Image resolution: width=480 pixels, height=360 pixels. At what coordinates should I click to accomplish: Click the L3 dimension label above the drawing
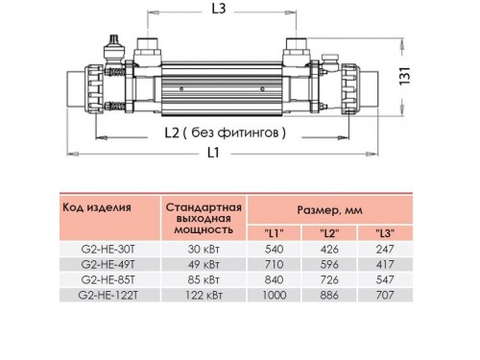coord(219,9)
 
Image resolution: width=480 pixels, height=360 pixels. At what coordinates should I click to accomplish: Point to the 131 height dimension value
coord(405,76)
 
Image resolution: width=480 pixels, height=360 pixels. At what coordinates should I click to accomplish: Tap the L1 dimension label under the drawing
coord(213,153)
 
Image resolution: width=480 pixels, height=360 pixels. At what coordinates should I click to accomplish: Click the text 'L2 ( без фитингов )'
coord(225,132)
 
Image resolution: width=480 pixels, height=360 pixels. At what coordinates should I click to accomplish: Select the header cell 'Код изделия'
coord(97,207)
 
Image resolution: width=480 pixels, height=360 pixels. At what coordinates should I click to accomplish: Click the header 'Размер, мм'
coord(329,210)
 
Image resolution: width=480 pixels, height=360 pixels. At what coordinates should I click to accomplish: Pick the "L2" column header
coord(329,233)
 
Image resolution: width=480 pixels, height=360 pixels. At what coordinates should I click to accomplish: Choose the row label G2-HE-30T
coord(108,249)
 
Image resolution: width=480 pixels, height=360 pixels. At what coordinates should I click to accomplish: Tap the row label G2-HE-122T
coord(108,295)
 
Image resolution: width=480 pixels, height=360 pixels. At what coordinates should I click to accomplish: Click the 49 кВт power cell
coord(204,264)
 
